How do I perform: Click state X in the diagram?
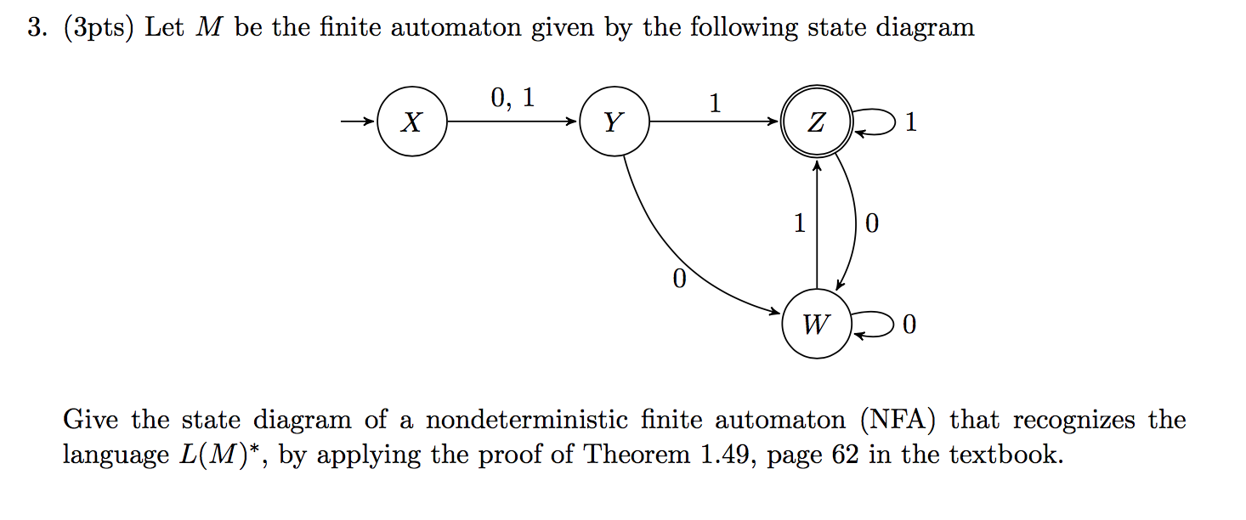point(411,122)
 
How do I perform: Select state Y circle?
point(614,122)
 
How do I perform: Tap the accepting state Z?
point(816,122)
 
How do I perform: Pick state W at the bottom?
point(816,324)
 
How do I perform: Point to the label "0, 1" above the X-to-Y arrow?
point(513,99)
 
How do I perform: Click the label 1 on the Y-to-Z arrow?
point(715,104)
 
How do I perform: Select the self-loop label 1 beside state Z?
point(911,123)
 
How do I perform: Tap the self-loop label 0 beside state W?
point(910,325)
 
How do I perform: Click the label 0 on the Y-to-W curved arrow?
point(677,280)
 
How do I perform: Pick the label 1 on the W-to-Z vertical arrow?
point(799,223)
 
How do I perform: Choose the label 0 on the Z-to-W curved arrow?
point(870,224)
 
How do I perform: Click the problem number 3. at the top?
point(35,28)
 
